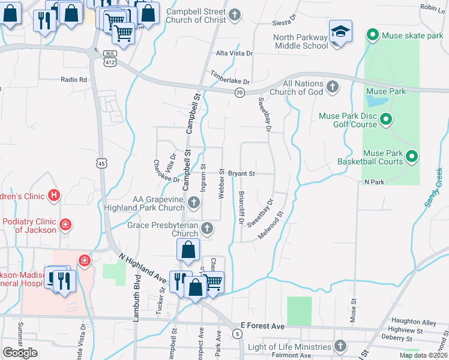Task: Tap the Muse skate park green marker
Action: coord(372,35)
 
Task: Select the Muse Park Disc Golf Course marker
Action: coord(386,119)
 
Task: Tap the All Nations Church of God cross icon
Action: coord(333,88)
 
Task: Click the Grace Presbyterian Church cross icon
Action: coord(206,229)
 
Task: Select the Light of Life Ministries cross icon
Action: coord(340,346)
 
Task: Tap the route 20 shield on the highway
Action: coord(239,91)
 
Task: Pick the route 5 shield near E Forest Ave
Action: coord(238,333)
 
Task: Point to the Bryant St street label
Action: coord(241,174)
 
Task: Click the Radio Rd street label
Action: coord(74,79)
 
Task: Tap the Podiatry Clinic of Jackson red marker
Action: coord(65,226)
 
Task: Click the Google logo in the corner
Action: coord(20,353)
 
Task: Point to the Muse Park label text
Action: coord(385,91)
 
